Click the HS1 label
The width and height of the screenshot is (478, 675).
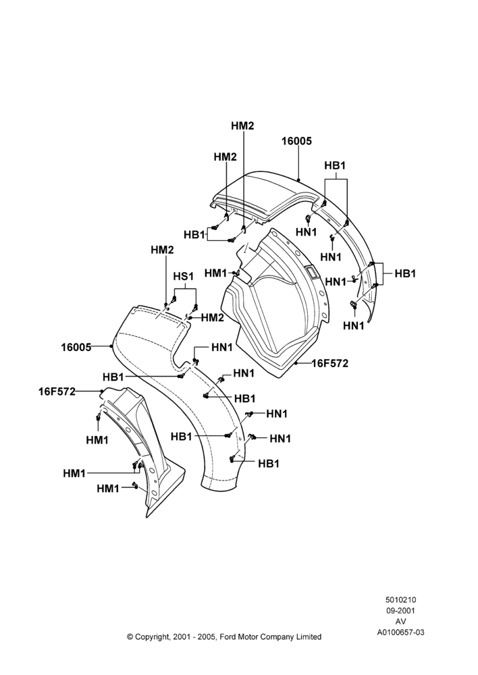[x=184, y=276]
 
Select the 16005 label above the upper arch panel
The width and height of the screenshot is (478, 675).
[x=296, y=141]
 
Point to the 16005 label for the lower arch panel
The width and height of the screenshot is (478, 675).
[x=76, y=347]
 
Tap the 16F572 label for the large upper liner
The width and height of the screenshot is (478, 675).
[x=330, y=364]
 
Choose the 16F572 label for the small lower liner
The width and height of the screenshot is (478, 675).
[x=57, y=391]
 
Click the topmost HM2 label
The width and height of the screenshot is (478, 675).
[x=242, y=126]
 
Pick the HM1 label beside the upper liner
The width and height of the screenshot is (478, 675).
[x=216, y=273]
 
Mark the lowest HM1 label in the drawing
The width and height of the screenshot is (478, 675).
[x=108, y=489]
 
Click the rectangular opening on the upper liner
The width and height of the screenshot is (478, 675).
[x=311, y=271]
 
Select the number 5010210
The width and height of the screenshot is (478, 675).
[x=400, y=599]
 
